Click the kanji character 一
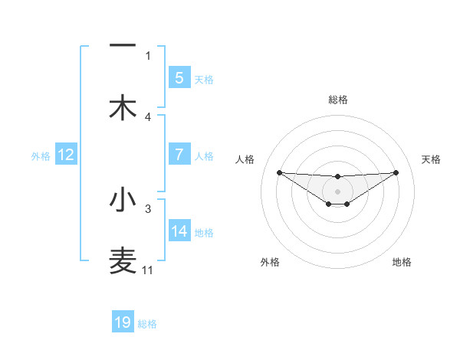point(123,46)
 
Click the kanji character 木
point(123,107)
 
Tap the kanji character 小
point(123,200)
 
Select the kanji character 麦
point(123,261)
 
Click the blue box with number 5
point(179,77)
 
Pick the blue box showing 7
point(179,155)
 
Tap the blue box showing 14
point(179,231)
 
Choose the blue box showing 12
point(66,155)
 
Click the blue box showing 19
point(123,322)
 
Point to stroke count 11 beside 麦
point(148,270)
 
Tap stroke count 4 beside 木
point(148,116)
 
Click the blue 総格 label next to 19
point(147,324)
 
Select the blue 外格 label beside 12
point(41,156)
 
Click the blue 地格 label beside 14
point(204,233)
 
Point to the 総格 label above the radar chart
point(337,100)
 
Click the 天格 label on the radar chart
point(431,159)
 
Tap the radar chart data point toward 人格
point(279,172)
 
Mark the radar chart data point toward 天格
point(396,172)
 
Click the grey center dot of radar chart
point(337,191)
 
